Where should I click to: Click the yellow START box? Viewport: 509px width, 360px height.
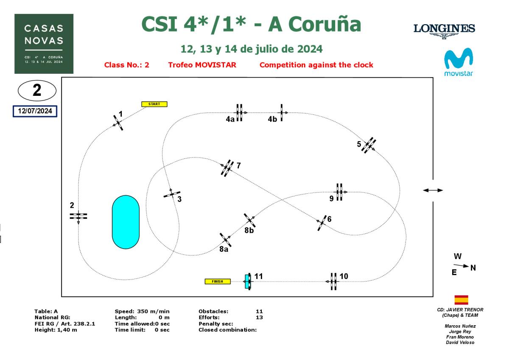click(x=154, y=104)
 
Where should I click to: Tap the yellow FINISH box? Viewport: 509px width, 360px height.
click(x=218, y=281)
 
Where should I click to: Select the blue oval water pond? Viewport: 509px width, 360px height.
click(x=126, y=222)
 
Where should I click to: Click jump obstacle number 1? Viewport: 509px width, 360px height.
click(x=117, y=123)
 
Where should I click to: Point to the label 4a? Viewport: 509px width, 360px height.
click(x=230, y=120)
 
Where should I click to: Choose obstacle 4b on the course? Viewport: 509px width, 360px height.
click(x=281, y=112)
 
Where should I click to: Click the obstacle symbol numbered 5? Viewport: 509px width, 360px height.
click(x=369, y=145)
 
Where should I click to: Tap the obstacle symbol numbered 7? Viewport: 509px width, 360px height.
click(x=227, y=168)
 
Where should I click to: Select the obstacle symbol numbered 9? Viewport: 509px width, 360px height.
click(x=339, y=192)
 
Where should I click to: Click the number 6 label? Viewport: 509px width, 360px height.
click(x=329, y=219)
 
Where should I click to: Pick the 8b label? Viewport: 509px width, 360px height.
click(x=249, y=231)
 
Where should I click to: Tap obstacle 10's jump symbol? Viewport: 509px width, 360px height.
click(x=334, y=281)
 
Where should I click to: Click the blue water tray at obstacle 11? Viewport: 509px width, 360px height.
click(x=246, y=281)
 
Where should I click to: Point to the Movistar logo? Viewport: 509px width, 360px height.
click(x=458, y=62)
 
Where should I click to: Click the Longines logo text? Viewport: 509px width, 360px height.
click(x=444, y=29)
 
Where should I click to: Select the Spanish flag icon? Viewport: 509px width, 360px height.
click(x=461, y=300)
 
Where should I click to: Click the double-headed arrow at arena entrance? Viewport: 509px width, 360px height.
click(x=433, y=190)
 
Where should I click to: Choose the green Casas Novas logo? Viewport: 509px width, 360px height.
click(x=44, y=44)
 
